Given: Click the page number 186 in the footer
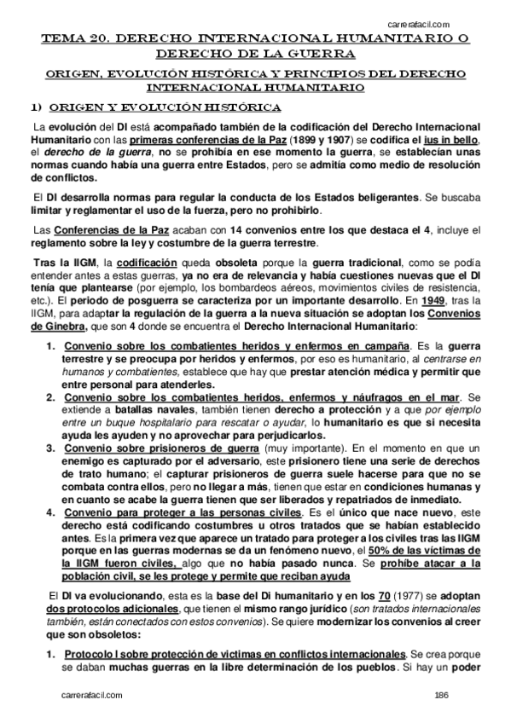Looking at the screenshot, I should pyautogui.click(x=441, y=696).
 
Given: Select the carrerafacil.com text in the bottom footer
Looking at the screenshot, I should pyautogui.click(x=93, y=696).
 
